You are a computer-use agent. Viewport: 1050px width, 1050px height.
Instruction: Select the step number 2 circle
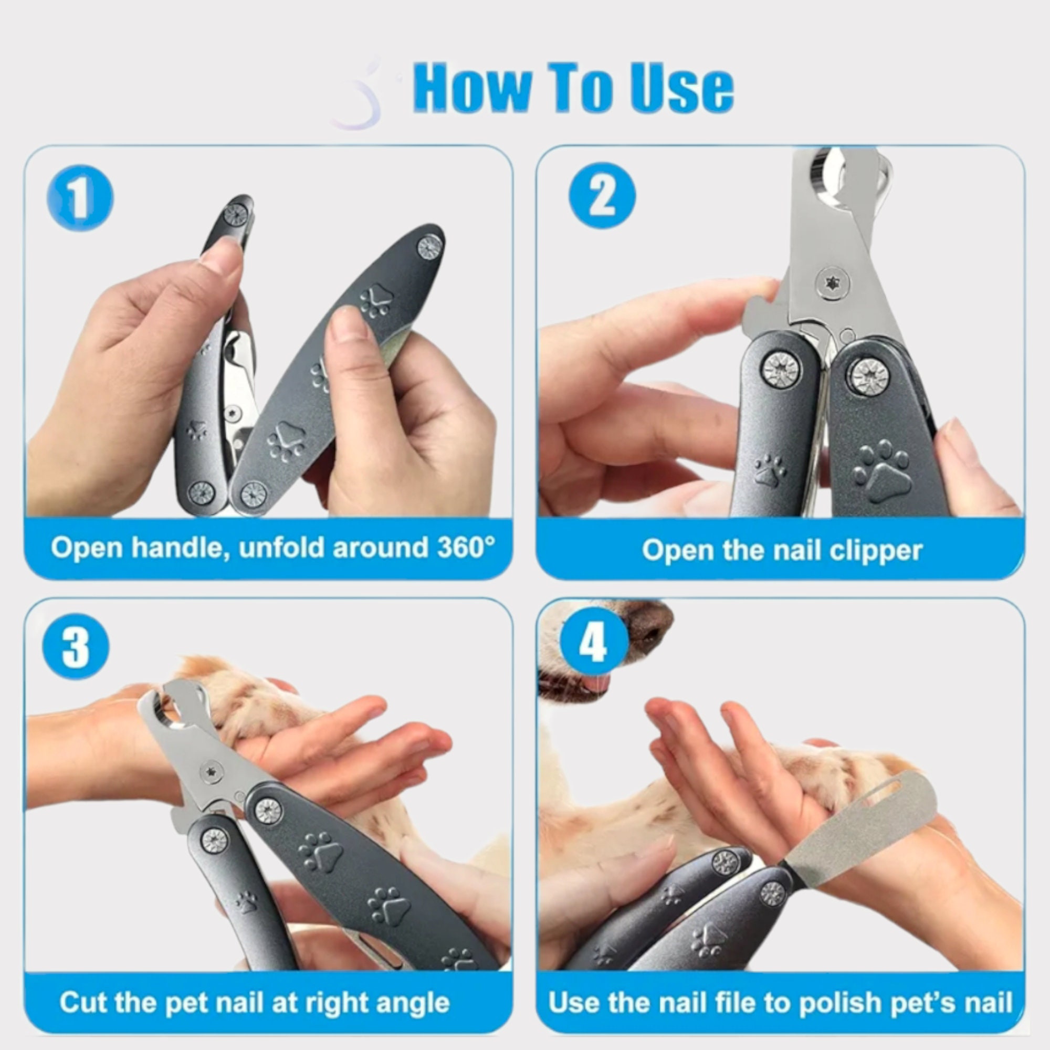pyautogui.click(x=602, y=196)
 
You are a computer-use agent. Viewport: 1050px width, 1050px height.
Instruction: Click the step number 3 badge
pyautogui.click(x=76, y=647)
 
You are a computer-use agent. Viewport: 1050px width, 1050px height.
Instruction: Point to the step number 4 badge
pyautogui.click(x=592, y=643)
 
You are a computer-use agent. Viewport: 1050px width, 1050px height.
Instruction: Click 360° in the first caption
pyautogui.click(x=466, y=547)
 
